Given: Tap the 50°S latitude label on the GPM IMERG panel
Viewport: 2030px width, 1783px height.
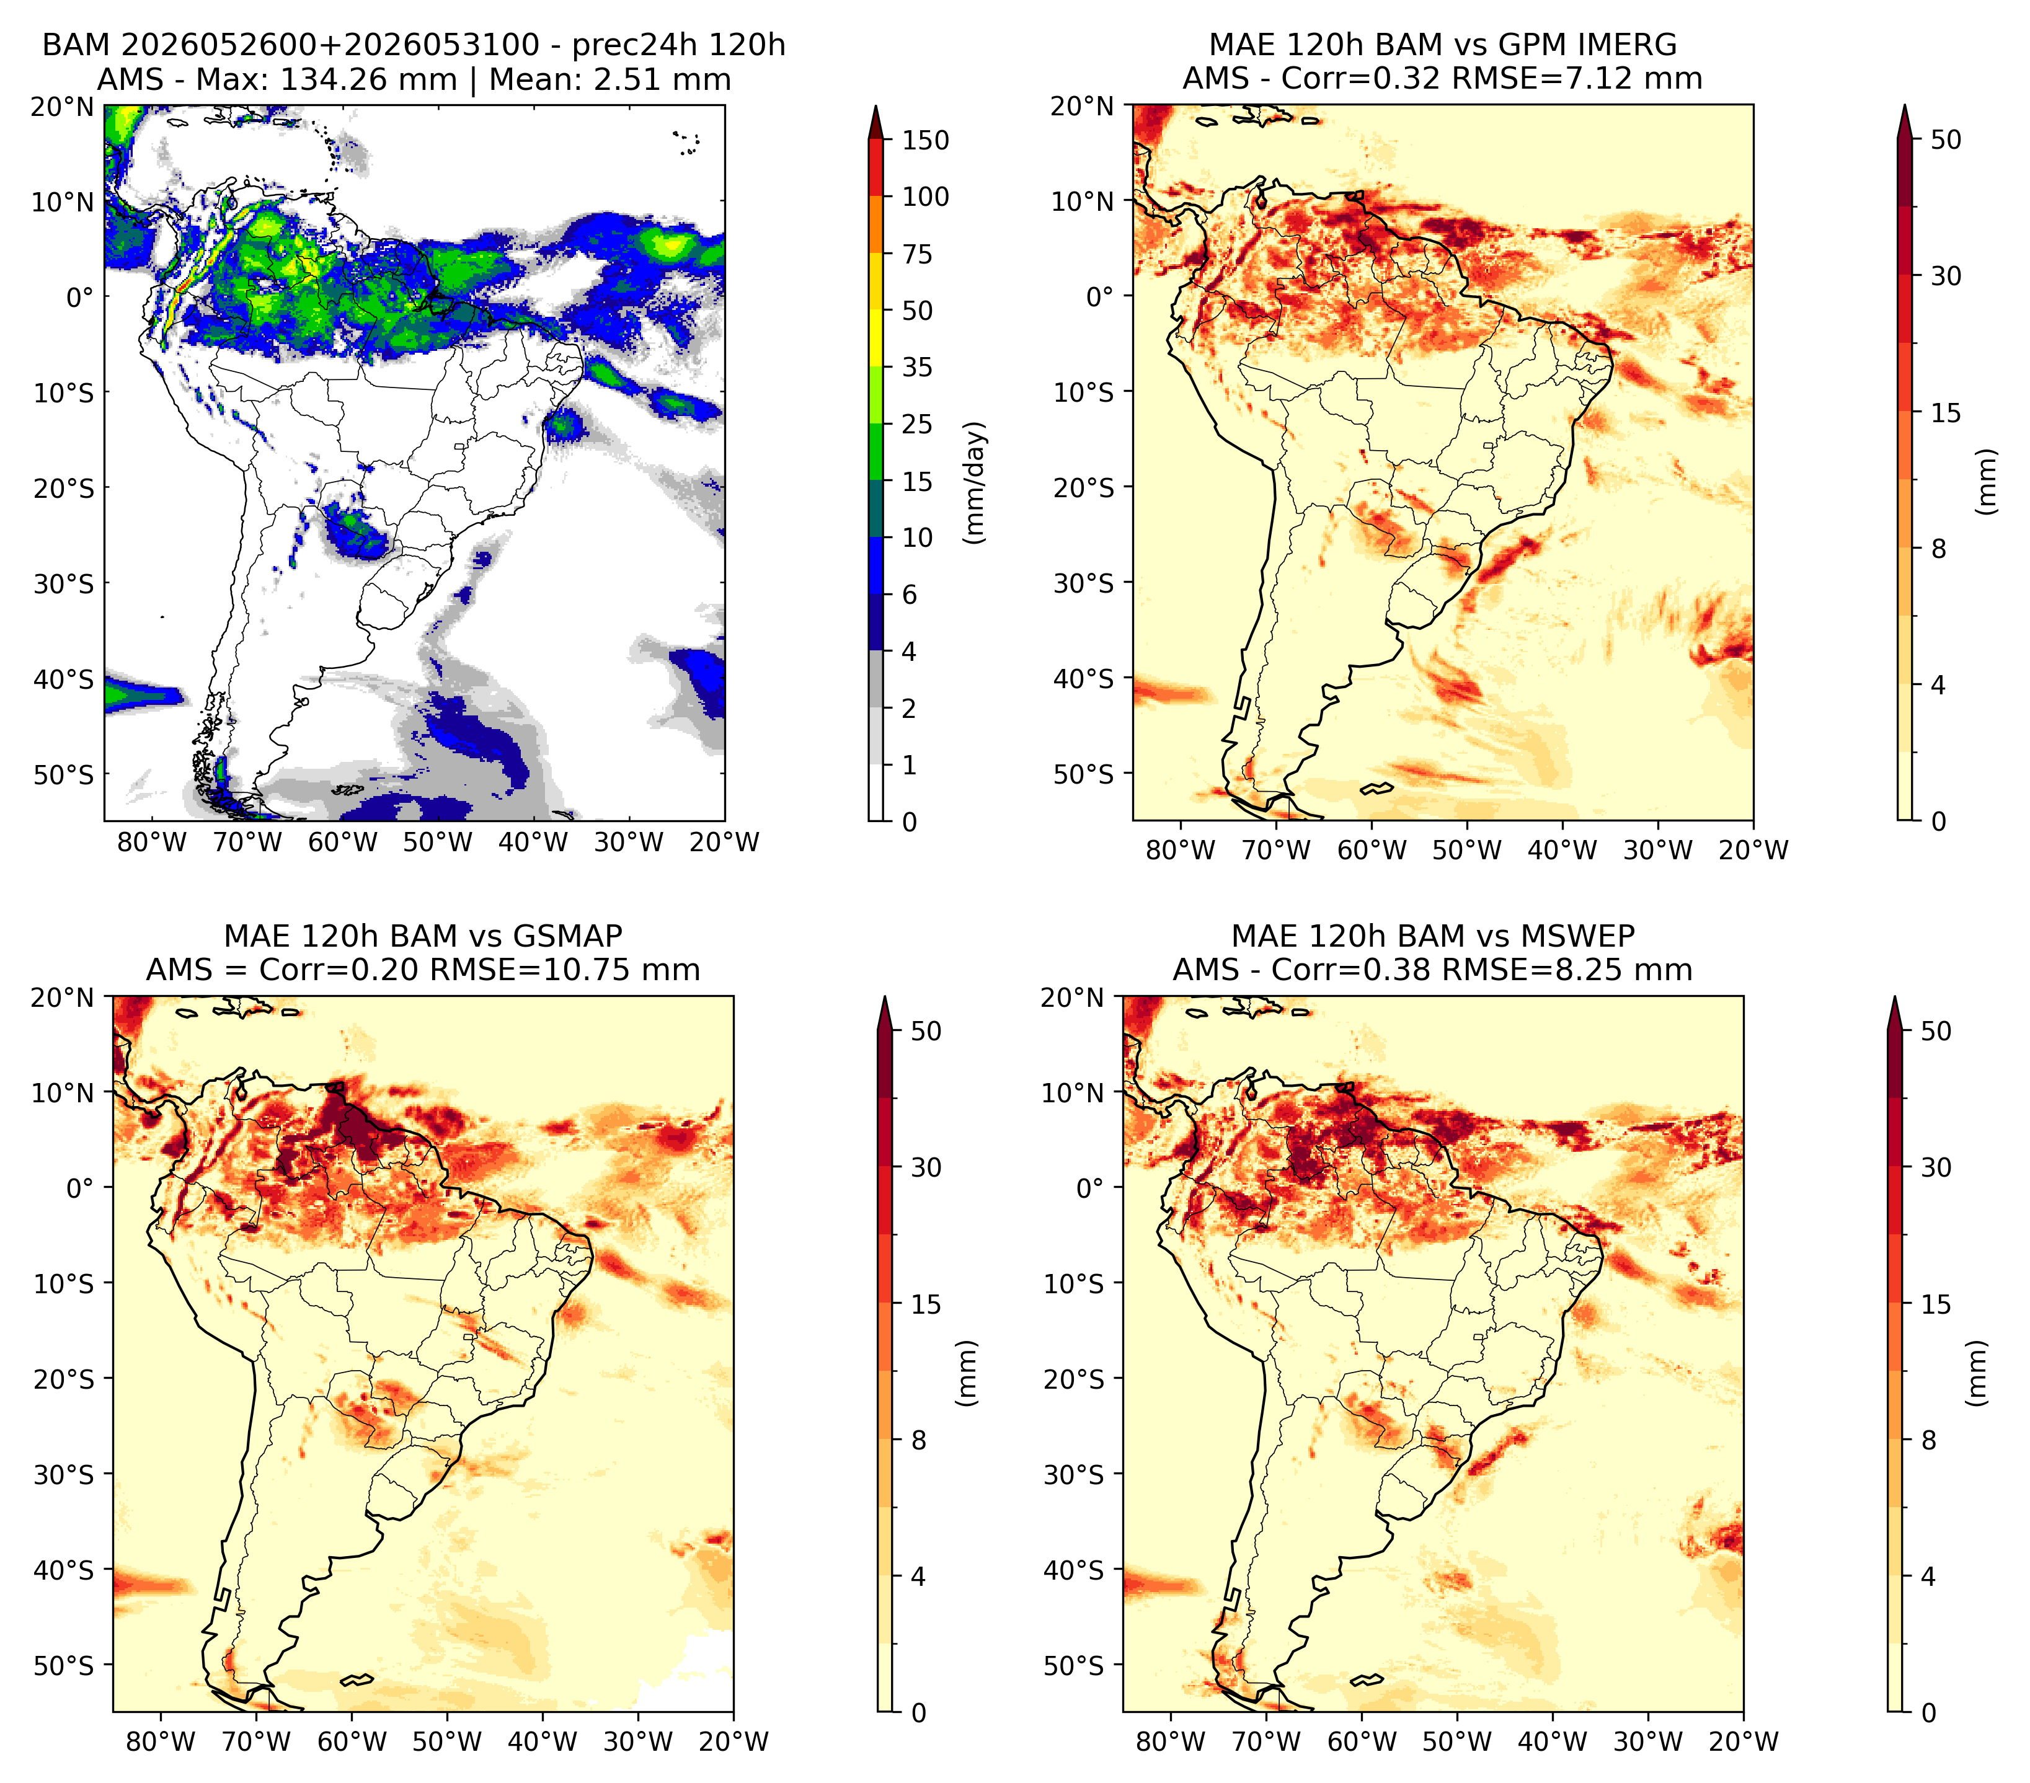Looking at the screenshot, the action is tap(1084, 773).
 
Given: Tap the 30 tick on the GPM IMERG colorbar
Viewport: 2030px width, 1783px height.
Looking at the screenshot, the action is tap(1946, 276).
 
